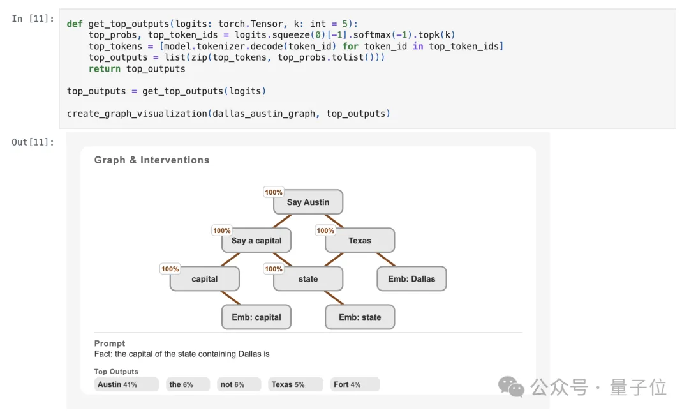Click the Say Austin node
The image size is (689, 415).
pos(308,202)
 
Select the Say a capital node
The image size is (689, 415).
pos(256,241)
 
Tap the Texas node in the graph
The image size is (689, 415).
pos(360,241)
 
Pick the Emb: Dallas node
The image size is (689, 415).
pos(411,279)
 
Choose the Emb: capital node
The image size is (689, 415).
pos(256,317)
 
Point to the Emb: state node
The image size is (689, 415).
pos(360,317)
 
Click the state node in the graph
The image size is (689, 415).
pos(308,279)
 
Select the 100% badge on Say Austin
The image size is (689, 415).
pos(274,192)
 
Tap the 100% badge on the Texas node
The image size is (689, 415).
pos(325,230)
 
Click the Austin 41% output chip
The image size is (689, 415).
pos(126,384)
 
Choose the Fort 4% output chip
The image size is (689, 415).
pos(355,384)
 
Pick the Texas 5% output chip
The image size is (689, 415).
pos(295,384)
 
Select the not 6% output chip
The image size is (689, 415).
pos(239,384)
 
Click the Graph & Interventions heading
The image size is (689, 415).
pos(152,160)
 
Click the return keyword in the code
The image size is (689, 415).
pos(105,69)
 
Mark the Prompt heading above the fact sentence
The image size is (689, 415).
pos(110,343)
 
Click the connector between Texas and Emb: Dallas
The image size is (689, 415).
pos(385,260)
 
